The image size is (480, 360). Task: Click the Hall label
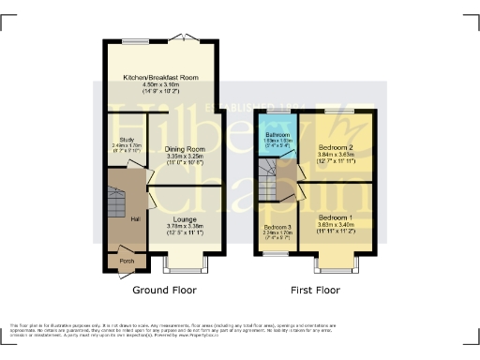pyautogui.click(x=110, y=217)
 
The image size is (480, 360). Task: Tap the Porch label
pyautogui.click(x=126, y=261)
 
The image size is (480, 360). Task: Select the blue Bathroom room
pyautogui.click(x=277, y=141)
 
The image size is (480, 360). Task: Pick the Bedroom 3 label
pyautogui.click(x=277, y=228)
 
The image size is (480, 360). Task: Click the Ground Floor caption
pyautogui.click(x=164, y=291)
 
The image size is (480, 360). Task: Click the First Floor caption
pyautogui.click(x=315, y=291)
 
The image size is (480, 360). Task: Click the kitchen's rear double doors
pyautogui.click(x=188, y=40)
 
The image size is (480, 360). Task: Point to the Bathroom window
pyautogui.click(x=276, y=112)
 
